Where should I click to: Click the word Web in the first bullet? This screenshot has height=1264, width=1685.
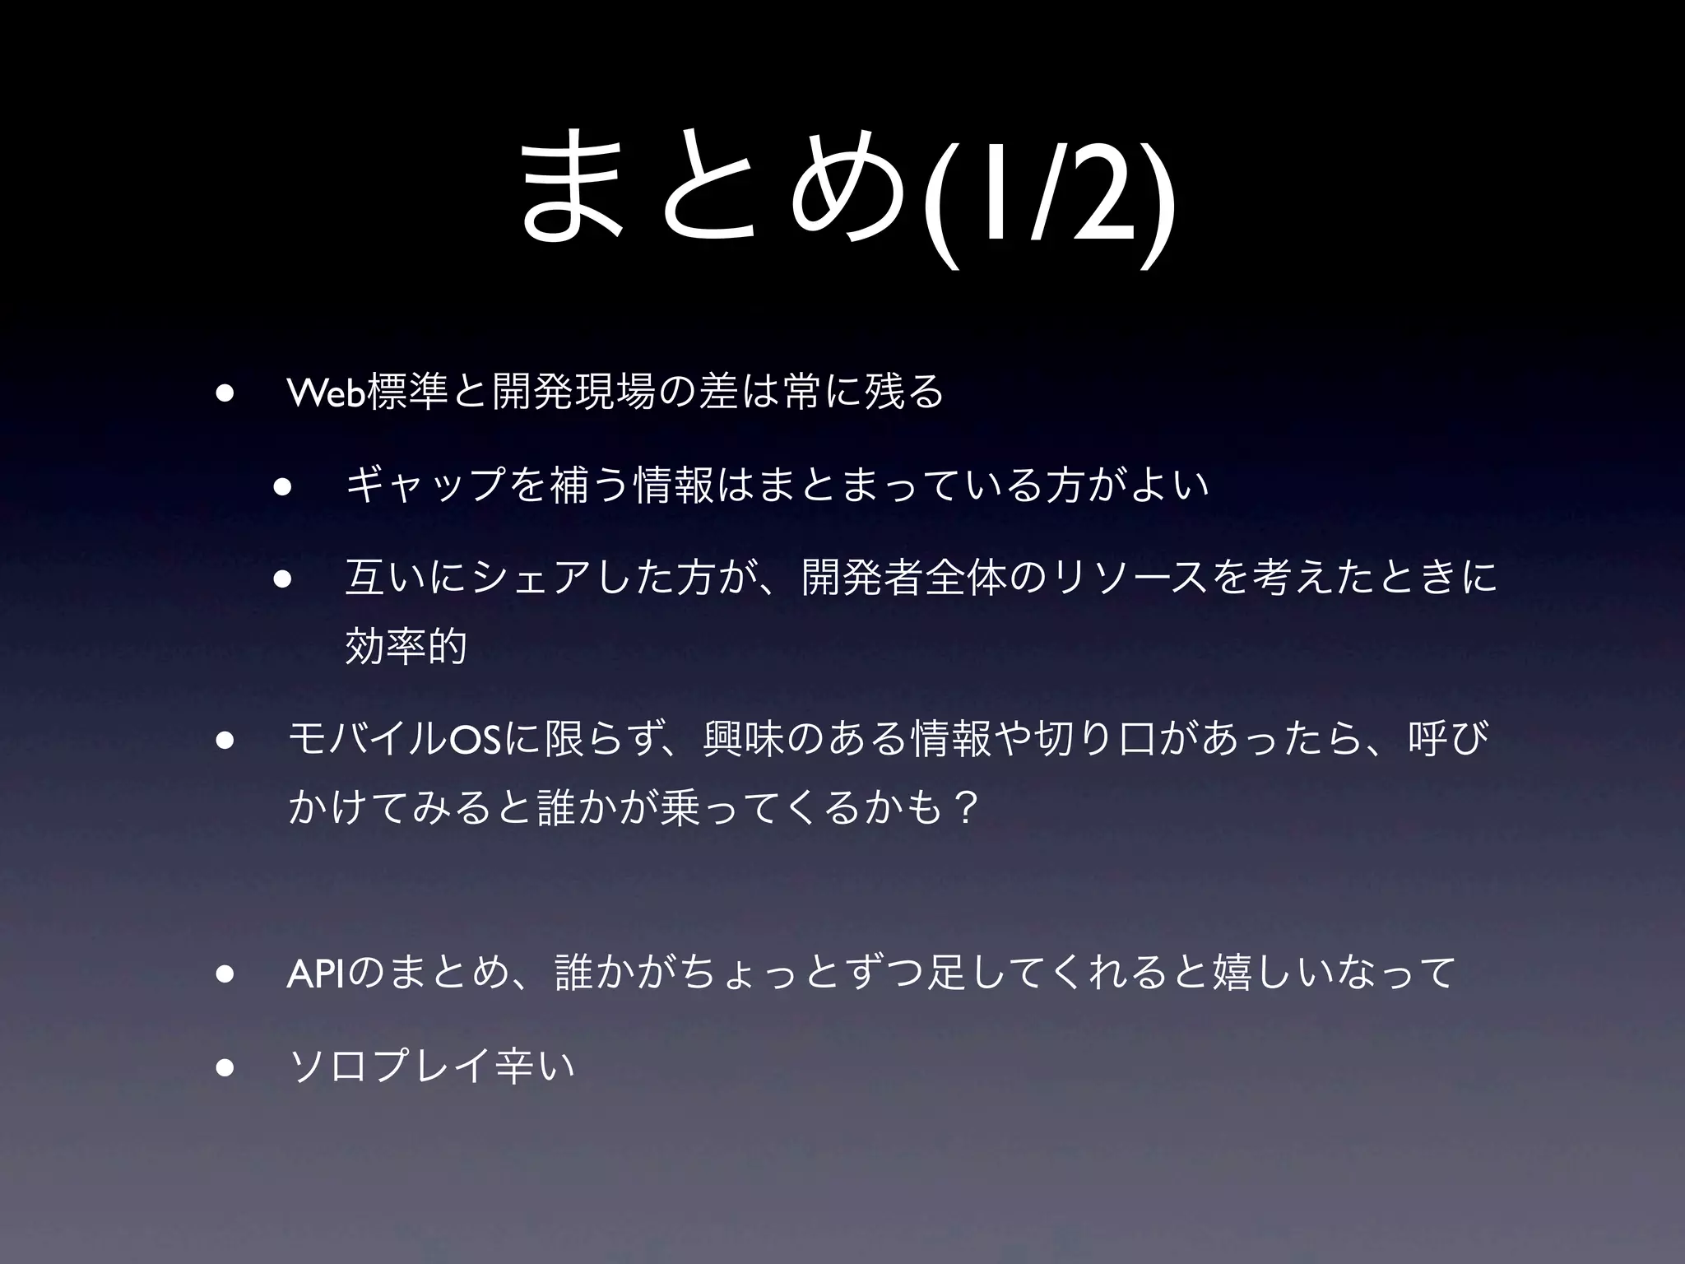point(326,393)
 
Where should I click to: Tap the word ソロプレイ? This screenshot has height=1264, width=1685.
point(392,1067)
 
